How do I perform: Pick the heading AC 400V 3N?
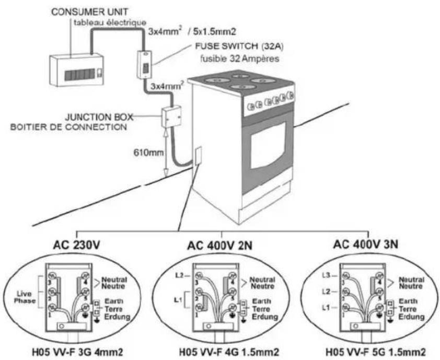368,243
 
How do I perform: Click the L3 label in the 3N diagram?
325,274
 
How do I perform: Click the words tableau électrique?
102,22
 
